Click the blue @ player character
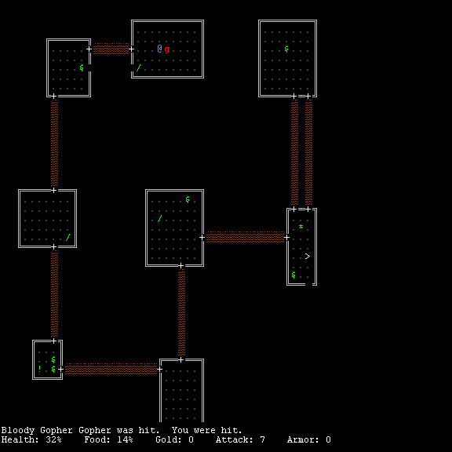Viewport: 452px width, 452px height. click(x=160, y=49)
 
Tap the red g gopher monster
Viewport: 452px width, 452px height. click(x=166, y=49)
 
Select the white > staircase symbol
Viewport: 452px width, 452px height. click(x=308, y=257)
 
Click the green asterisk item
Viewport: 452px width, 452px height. click(x=301, y=227)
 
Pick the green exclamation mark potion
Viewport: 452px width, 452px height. click(x=39, y=369)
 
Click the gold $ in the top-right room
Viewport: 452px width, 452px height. click(x=286, y=49)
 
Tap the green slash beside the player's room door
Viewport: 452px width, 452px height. click(x=138, y=68)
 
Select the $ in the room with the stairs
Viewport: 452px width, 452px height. click(x=293, y=275)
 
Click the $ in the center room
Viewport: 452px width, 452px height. click(x=188, y=199)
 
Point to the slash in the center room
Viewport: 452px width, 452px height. click(x=160, y=218)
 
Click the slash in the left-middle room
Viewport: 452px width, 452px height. click(x=68, y=237)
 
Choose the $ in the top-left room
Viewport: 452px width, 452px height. click(x=82, y=67)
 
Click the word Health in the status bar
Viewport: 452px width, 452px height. click(x=19, y=439)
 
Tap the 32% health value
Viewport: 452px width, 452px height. click(x=53, y=439)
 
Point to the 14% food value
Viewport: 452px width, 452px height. click(x=125, y=439)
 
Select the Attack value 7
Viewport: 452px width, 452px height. click(x=262, y=439)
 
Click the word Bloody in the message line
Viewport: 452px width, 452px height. click(x=19, y=430)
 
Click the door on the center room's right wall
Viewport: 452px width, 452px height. click(x=202, y=237)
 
